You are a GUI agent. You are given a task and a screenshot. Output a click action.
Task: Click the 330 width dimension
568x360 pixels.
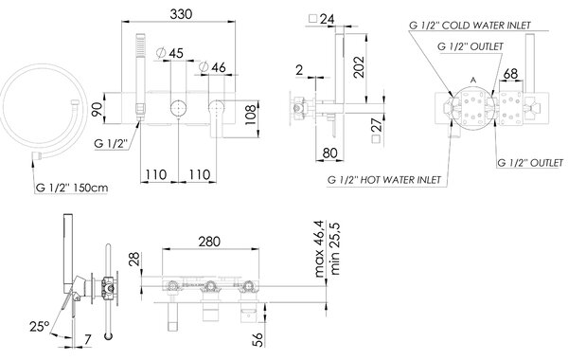pos(181,14)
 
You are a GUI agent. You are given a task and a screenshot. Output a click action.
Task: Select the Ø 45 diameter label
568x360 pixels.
pos(169,53)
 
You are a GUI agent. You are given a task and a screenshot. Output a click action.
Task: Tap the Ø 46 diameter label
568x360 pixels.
pos(212,67)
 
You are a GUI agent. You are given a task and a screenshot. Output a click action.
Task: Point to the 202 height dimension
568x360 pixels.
pos(358,66)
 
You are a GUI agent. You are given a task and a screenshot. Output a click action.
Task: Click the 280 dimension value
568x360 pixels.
pos(209,242)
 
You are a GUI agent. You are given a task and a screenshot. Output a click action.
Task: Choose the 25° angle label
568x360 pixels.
pos(39,326)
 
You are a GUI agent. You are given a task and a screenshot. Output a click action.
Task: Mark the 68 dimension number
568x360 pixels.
pos(510,74)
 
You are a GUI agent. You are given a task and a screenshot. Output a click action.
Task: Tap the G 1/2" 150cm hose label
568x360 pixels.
pos(72,188)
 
